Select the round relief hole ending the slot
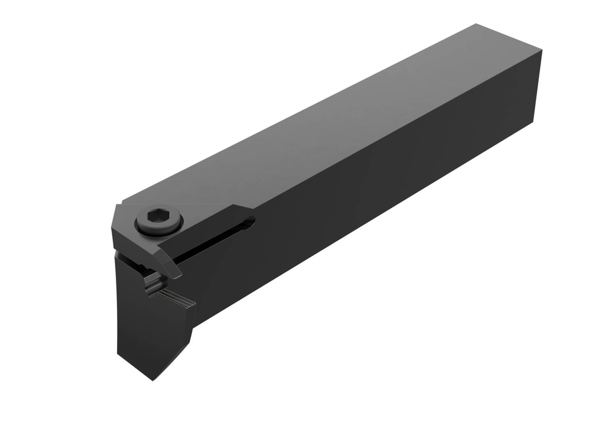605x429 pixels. pyautogui.click(x=251, y=223)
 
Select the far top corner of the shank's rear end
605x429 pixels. pyautogui.click(x=476, y=24)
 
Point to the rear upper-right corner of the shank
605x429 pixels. pyautogui.click(x=541, y=51)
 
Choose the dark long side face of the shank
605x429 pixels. pyautogui.click(x=384, y=177)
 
